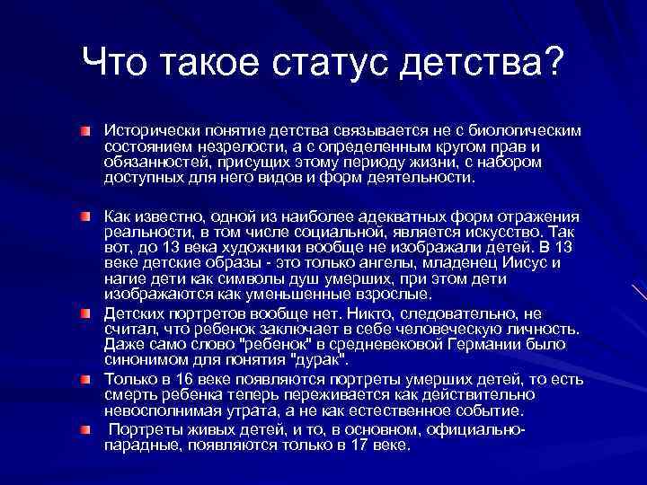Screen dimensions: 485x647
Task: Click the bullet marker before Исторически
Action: point(84,132)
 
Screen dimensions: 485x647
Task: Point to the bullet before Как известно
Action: point(84,217)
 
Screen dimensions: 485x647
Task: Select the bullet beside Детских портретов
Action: point(84,314)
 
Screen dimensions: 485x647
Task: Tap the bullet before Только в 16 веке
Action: point(84,379)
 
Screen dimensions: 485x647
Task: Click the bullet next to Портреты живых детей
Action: point(84,429)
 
